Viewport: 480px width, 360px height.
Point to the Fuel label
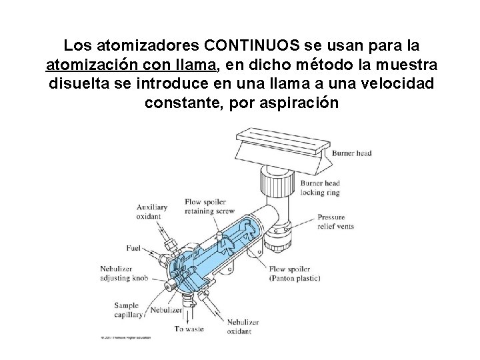[134, 249]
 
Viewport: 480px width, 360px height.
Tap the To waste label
[189, 328]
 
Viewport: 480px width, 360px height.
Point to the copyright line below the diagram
[125, 337]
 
